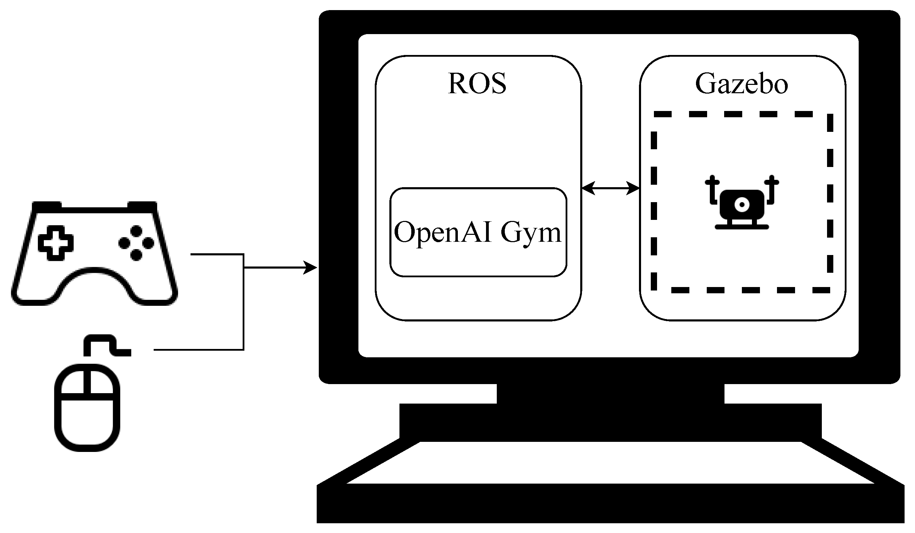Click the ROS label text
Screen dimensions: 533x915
click(x=477, y=83)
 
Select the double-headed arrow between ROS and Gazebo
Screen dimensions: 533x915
click(x=610, y=188)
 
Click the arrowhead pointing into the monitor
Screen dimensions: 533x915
click(x=311, y=268)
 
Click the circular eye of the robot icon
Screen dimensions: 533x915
click(x=742, y=205)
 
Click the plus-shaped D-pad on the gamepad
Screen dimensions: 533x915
click(x=56, y=243)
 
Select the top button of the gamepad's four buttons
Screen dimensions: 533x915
click(x=136, y=231)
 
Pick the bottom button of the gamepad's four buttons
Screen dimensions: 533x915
click(x=136, y=255)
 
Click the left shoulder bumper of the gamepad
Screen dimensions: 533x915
click(x=47, y=206)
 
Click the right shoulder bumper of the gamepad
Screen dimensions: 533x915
click(x=142, y=206)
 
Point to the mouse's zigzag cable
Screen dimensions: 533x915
click(x=105, y=343)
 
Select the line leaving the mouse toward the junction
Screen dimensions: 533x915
click(x=198, y=350)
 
